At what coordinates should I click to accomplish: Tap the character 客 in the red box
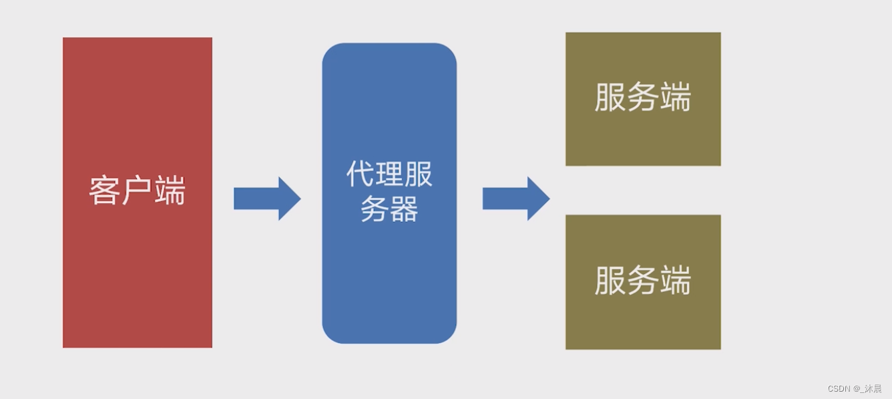105,191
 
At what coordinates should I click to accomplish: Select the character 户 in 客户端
138,191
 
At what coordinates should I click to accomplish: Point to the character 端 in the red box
170,191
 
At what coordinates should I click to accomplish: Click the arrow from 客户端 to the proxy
266,198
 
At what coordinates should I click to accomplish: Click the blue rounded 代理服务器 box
389,281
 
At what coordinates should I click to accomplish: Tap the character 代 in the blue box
361,174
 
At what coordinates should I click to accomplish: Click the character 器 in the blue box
404,209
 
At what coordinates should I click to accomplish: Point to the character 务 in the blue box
375,209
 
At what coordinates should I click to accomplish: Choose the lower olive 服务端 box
643,321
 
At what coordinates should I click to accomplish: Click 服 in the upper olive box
610,98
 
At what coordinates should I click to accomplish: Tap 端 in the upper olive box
675,98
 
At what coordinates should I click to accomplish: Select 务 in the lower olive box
643,281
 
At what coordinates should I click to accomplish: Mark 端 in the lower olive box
675,281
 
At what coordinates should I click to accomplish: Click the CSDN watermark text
838,389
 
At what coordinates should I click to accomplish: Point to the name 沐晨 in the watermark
873,389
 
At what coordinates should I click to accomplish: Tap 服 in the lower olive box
610,281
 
